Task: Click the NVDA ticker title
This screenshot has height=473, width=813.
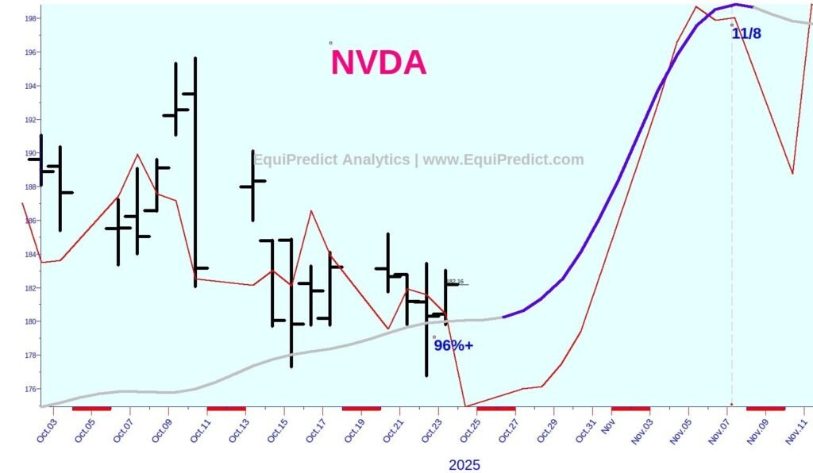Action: pos(378,63)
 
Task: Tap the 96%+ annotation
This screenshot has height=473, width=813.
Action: pos(453,345)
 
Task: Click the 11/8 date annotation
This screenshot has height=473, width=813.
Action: pos(746,34)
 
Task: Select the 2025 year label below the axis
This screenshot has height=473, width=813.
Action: pos(464,465)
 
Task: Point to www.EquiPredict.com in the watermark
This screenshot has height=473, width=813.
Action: pos(503,160)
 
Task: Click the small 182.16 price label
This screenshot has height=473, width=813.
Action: pos(455,282)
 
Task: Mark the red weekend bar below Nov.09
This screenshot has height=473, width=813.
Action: pos(765,409)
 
